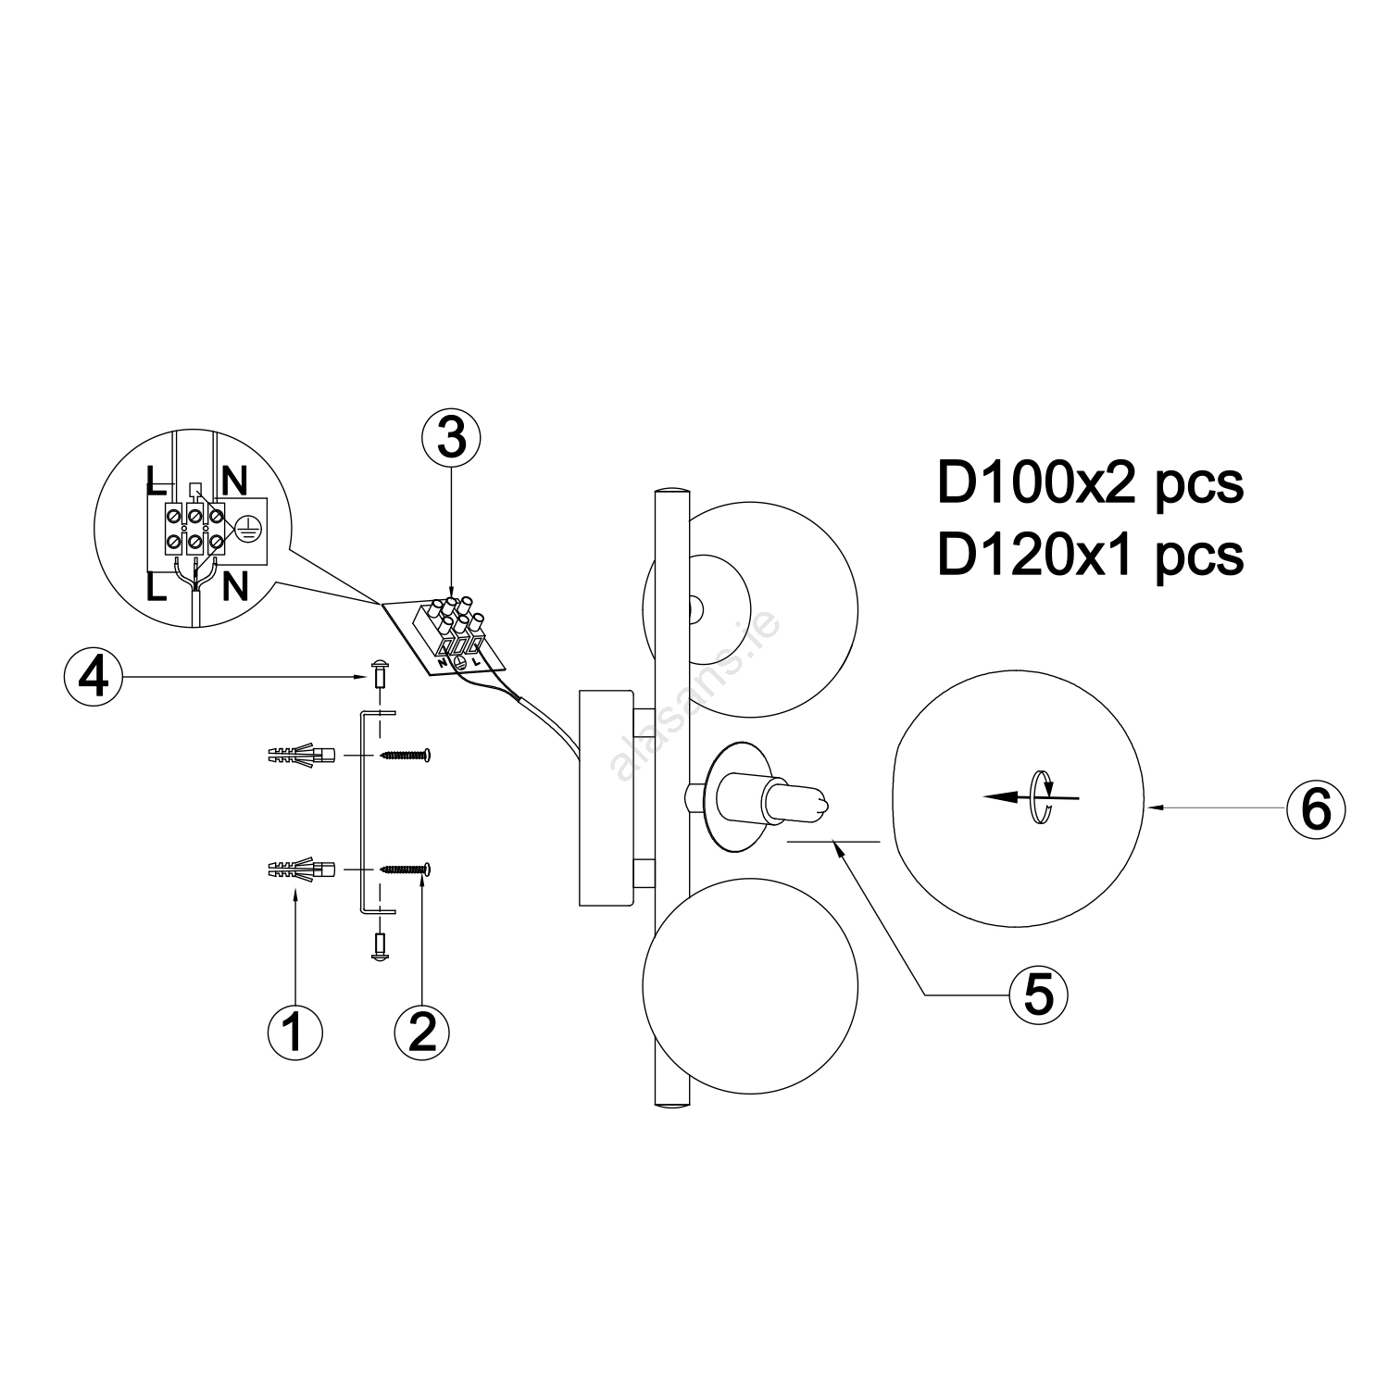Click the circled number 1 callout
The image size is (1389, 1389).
pos(295,1030)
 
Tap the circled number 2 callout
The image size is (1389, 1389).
pos(422,1030)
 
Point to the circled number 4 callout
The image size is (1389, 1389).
pos(93,678)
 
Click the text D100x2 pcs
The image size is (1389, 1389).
pos(1090,483)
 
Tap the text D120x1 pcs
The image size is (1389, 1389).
pos(1090,555)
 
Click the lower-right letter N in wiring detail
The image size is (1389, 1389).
pos(236,587)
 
